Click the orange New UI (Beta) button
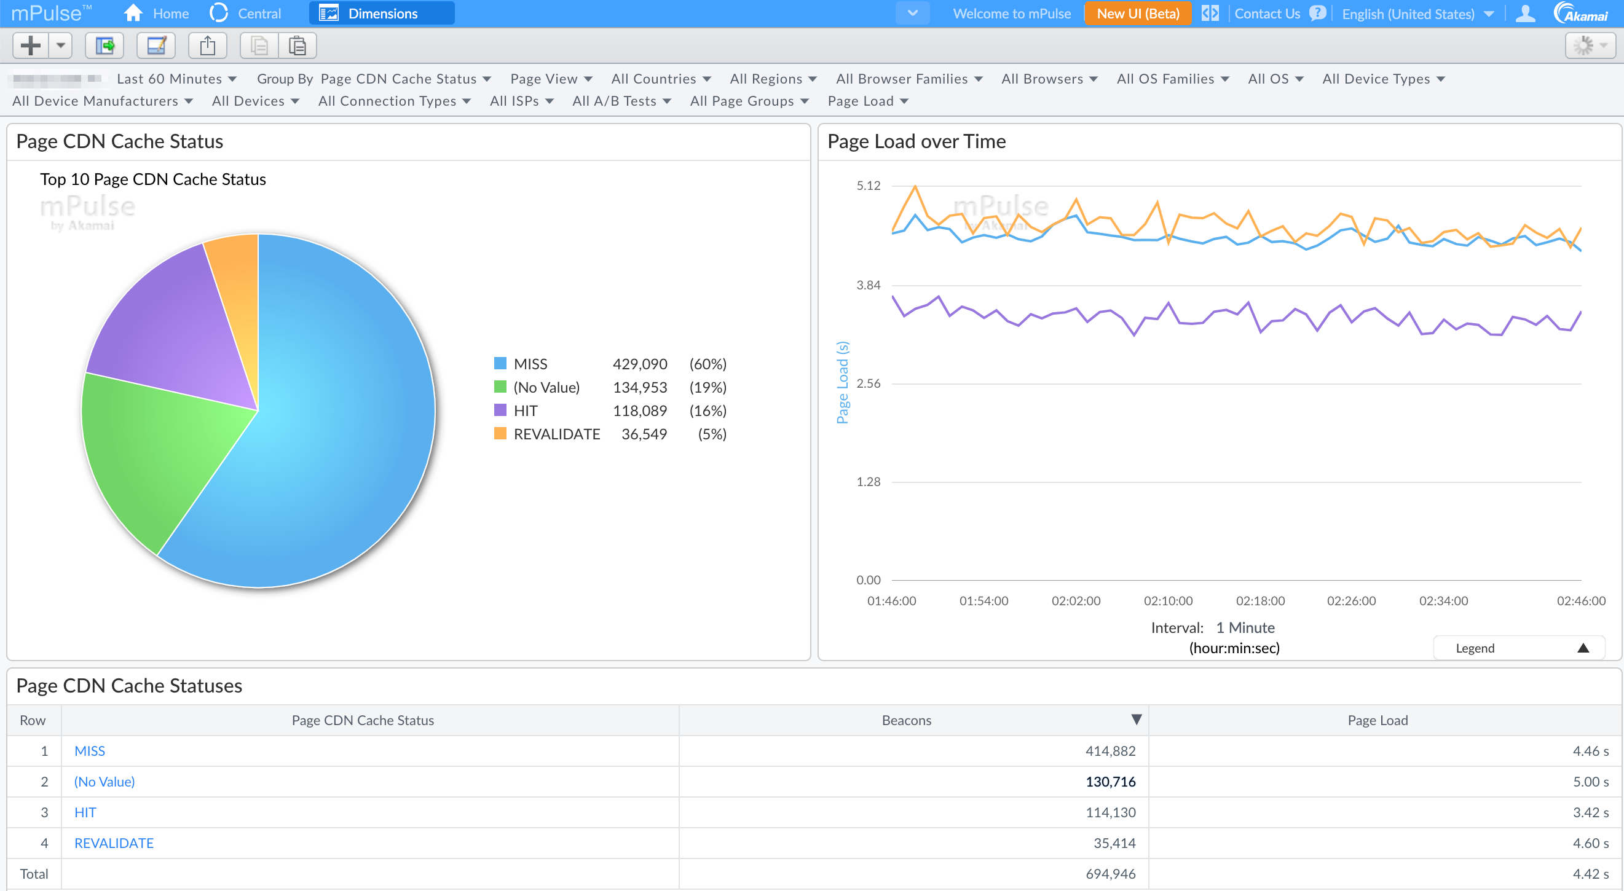(1137, 14)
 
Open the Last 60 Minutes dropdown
(176, 79)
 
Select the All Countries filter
(660, 79)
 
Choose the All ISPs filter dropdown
(521, 101)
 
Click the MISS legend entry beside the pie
(530, 364)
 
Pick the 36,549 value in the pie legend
(643, 434)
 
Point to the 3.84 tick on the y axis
(867, 286)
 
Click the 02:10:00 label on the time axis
(1167, 600)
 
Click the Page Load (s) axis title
(842, 382)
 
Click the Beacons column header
(906, 720)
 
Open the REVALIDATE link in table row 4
(114, 843)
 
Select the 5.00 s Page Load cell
(1590, 782)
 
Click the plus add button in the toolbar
(30, 45)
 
